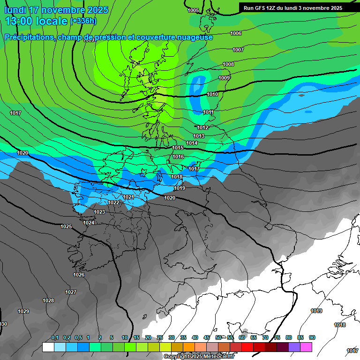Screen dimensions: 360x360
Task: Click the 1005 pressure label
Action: click(193, 10)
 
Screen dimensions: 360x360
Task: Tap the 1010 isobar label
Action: click(212, 94)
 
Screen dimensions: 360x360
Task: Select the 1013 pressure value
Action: click(199, 136)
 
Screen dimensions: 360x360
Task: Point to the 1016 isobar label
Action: click(178, 157)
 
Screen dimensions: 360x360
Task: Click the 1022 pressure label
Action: click(113, 202)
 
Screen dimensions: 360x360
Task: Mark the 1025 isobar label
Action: click(66, 226)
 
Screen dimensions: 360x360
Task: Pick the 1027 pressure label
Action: click(71, 292)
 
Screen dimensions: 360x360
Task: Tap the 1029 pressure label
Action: click(23, 311)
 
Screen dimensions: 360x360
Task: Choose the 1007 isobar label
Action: click(238, 50)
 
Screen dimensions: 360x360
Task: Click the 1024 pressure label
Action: click(89, 223)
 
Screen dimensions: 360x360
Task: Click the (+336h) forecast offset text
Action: click(83, 21)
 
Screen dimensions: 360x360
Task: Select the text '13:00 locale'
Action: click(36, 21)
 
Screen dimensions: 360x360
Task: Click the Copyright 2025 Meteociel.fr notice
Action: click(199, 357)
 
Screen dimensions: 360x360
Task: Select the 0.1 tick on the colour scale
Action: click(54, 337)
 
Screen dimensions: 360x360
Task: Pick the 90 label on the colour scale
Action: click(312, 337)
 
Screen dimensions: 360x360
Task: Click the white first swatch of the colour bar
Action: click(48, 347)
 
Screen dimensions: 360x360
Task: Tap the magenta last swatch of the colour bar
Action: click(306, 347)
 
